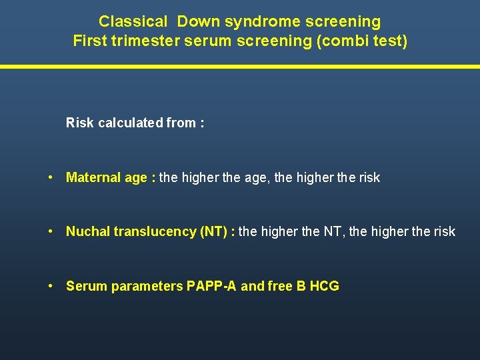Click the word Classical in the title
tap(133, 21)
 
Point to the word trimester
tap(142, 41)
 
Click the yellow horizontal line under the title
tap(240, 66)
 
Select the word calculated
tap(130, 123)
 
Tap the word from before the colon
tap(180, 123)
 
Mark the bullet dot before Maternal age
tap(51, 177)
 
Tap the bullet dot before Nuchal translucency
tap(51, 231)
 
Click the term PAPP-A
tap(211, 286)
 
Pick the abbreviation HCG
tap(325, 286)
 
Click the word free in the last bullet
tap(279, 286)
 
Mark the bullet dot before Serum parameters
tap(51, 286)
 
